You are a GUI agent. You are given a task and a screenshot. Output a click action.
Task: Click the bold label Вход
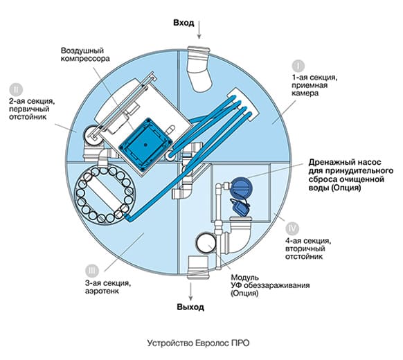(x=183, y=23)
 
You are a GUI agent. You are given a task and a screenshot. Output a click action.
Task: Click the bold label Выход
(x=190, y=307)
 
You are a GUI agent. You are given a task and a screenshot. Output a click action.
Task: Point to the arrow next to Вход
(x=199, y=29)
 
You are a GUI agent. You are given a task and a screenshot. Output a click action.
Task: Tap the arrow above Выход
(x=190, y=291)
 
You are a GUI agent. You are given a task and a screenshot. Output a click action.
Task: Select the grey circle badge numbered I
(x=298, y=66)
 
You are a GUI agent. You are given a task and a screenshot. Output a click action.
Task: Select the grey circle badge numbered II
(x=16, y=90)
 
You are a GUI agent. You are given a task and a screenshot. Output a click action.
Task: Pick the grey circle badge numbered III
(x=92, y=271)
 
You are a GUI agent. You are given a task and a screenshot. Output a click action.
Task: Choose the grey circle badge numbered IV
(x=292, y=228)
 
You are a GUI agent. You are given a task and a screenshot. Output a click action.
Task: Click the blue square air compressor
(x=145, y=145)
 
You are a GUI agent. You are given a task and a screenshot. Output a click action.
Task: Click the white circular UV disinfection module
(x=206, y=242)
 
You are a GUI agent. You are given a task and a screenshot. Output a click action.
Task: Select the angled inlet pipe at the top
(x=199, y=69)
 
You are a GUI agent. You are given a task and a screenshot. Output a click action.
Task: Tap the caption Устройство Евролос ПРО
(x=199, y=343)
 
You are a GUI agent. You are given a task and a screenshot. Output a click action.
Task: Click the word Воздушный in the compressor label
(x=82, y=51)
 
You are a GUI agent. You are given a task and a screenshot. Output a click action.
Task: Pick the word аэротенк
(x=102, y=291)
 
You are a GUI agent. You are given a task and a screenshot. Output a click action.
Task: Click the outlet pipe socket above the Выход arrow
(x=198, y=267)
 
